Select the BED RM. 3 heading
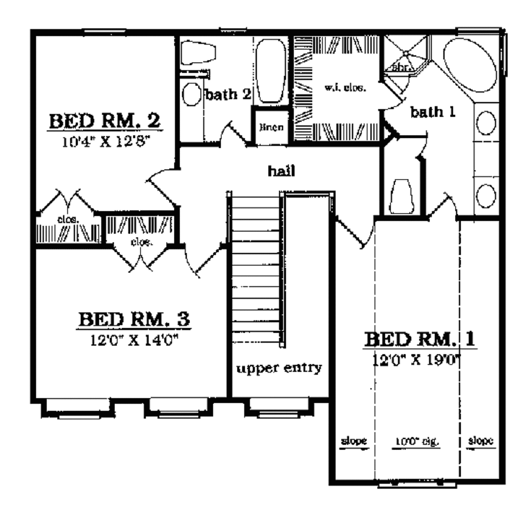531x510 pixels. pyautogui.click(x=134, y=319)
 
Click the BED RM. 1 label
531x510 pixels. pyautogui.click(x=421, y=340)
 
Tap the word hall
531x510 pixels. pyautogui.click(x=278, y=171)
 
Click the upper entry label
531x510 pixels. pyautogui.click(x=280, y=368)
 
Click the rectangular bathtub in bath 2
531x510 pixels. pyautogui.click(x=271, y=70)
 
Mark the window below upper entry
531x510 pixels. pyautogui.click(x=279, y=410)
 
